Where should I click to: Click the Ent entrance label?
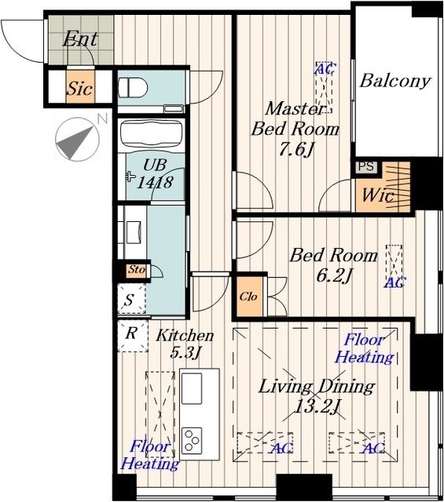point(80,39)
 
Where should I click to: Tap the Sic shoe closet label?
point(80,88)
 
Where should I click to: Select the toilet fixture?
point(133,87)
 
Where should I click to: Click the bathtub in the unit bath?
point(150,134)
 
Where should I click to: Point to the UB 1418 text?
point(155,174)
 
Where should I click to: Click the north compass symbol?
point(77,140)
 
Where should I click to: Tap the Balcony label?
point(394,81)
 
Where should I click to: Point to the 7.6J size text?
point(296,149)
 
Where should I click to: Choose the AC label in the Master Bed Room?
point(325,68)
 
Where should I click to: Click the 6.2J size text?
point(334,275)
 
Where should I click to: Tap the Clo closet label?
point(248,296)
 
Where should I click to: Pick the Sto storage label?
point(137,269)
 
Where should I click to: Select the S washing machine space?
point(131,299)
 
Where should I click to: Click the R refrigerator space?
point(133,336)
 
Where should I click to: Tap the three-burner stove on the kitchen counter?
point(192,440)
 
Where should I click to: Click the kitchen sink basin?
point(192,389)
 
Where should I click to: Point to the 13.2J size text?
point(317,407)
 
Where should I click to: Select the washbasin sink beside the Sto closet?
point(134,232)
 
